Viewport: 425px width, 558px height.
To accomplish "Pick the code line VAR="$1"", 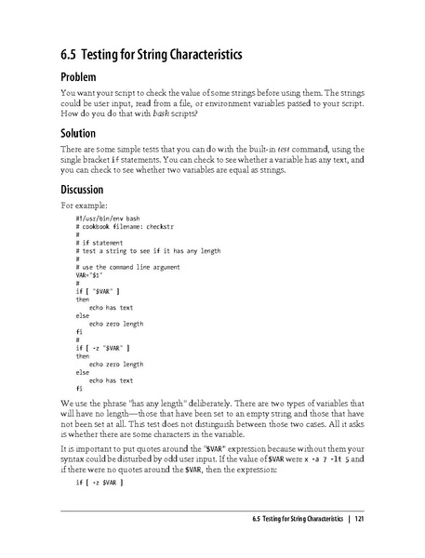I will tap(89, 275).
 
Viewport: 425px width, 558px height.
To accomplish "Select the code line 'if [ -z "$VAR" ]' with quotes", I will tap(109, 347).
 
